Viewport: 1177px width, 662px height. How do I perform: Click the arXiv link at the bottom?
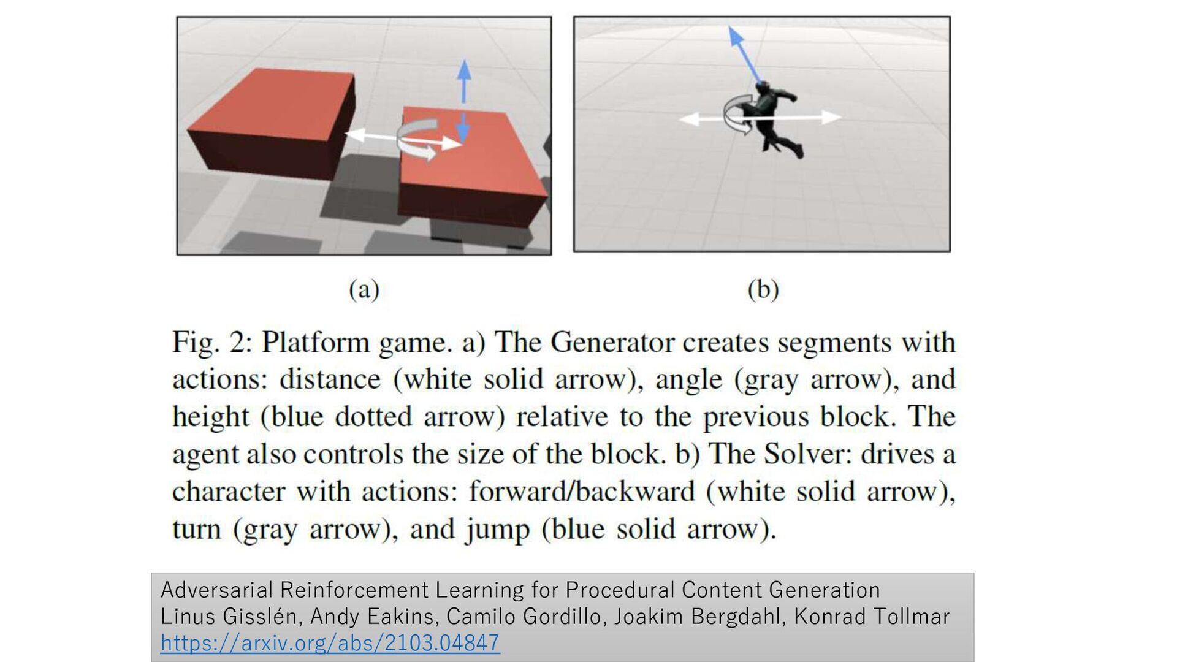(330, 642)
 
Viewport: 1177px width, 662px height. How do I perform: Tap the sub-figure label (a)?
(364, 289)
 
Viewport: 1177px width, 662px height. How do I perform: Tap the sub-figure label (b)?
(763, 289)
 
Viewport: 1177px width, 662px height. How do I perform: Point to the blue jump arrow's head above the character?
(734, 36)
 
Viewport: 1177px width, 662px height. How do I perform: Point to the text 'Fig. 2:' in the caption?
(211, 343)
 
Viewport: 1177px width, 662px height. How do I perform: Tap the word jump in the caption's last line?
(497, 530)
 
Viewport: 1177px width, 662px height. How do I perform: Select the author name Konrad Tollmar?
(872, 616)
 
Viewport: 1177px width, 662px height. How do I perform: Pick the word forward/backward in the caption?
(582, 492)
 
